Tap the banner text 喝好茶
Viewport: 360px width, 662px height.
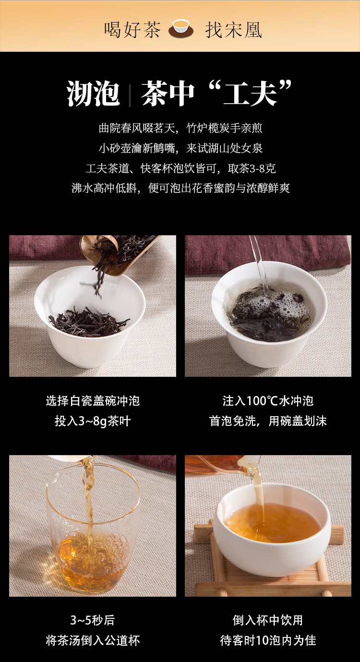click(x=132, y=30)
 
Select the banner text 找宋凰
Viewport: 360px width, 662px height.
click(x=234, y=30)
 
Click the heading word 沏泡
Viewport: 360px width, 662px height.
click(x=94, y=94)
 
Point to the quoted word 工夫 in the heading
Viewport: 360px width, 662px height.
click(x=250, y=94)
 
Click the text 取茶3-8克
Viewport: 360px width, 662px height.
click(x=252, y=169)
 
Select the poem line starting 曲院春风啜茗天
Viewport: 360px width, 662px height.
click(x=180, y=128)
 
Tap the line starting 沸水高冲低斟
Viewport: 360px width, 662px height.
click(x=180, y=188)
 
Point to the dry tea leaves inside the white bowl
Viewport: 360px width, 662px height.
click(x=89, y=322)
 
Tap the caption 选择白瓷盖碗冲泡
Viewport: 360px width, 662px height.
click(x=93, y=401)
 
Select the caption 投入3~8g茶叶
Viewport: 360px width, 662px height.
click(x=93, y=421)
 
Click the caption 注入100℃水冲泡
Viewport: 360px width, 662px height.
click(x=268, y=401)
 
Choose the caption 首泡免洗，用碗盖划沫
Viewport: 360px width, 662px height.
click(x=268, y=421)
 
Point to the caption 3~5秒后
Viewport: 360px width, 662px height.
click(x=93, y=620)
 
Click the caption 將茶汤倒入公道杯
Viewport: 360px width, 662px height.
click(x=93, y=640)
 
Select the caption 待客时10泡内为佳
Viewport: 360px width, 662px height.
click(x=268, y=640)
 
